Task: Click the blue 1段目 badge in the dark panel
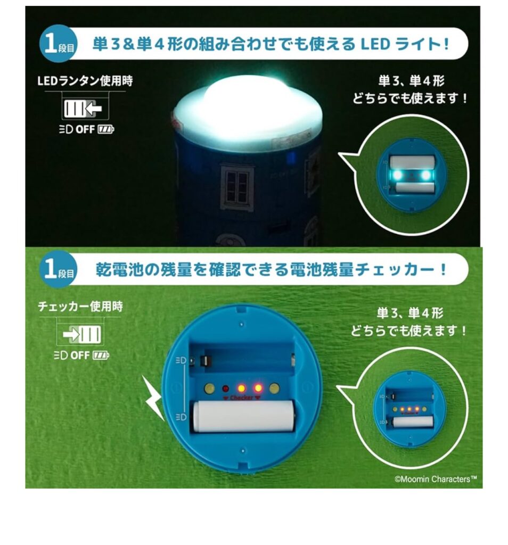[x=58, y=44]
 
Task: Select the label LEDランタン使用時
[x=85, y=81]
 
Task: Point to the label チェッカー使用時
[x=80, y=306]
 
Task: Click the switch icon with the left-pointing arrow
[x=83, y=109]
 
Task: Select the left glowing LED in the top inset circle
[x=397, y=175]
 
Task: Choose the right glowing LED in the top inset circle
[x=425, y=175]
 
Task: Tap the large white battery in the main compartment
[x=243, y=416]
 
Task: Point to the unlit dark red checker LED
[x=225, y=388]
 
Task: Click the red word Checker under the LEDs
[x=241, y=398]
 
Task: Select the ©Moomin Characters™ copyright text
[x=436, y=479]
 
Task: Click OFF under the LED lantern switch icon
[x=85, y=129]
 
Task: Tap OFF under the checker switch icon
[x=80, y=355]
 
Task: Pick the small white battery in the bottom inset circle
[x=413, y=422]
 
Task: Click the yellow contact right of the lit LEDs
[x=274, y=388]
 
